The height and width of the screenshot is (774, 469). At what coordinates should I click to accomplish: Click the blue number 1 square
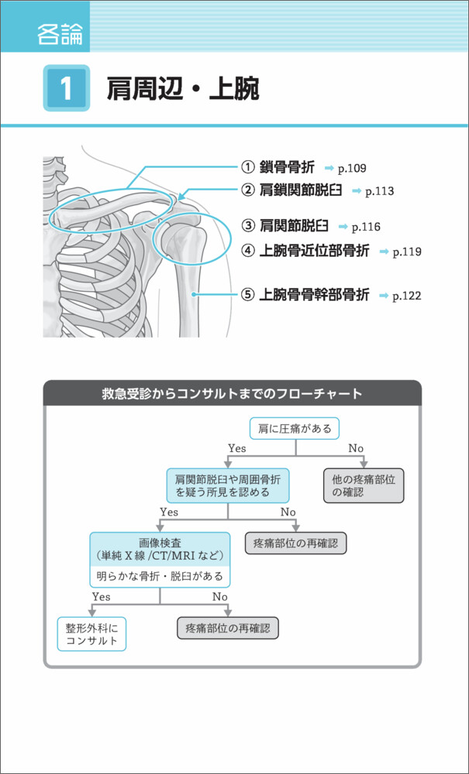(x=66, y=88)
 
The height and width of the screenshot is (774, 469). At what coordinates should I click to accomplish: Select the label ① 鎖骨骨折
(x=277, y=167)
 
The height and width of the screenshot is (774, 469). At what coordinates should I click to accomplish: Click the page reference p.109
(x=350, y=168)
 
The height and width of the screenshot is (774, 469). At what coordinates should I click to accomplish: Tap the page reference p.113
(x=379, y=190)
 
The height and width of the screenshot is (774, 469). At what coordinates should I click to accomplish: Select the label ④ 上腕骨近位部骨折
(x=305, y=251)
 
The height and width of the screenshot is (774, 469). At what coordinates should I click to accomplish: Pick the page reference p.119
(x=406, y=252)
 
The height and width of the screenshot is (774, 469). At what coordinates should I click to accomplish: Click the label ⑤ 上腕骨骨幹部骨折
(x=305, y=295)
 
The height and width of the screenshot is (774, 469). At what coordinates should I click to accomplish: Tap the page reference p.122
(x=406, y=296)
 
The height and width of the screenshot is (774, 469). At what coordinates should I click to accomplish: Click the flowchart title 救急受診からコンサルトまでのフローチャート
(x=232, y=393)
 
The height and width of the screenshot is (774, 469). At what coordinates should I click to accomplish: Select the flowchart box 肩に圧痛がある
(x=294, y=427)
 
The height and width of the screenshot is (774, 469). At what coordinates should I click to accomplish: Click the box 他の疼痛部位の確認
(x=363, y=485)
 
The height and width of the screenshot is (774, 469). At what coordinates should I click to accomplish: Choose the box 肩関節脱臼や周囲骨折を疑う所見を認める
(x=227, y=485)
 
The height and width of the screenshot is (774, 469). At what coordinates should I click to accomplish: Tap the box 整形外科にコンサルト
(x=91, y=634)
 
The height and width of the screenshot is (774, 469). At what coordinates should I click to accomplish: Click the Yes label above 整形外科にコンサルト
(x=101, y=597)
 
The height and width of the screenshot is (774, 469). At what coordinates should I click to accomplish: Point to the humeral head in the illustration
(x=181, y=238)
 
